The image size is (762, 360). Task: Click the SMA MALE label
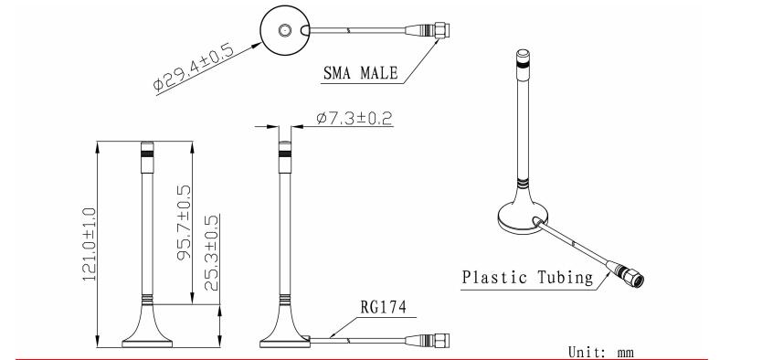point(361,73)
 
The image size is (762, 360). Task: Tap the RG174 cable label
point(384,307)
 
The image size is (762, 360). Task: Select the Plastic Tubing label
point(528,278)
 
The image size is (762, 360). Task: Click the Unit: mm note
point(601,352)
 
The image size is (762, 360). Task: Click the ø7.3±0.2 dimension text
point(355,118)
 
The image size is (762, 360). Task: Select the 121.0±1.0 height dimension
point(89,244)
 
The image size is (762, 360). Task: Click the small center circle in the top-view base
point(284,30)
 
